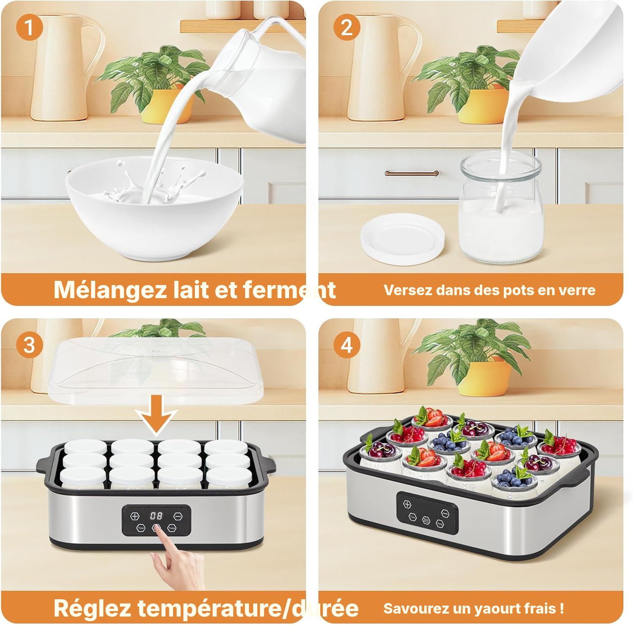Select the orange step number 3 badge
(x=29, y=345)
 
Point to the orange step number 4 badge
(x=347, y=345)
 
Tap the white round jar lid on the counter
(x=403, y=239)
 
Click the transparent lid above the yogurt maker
(x=156, y=370)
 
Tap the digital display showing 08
(x=156, y=516)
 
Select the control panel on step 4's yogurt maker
(x=427, y=514)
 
